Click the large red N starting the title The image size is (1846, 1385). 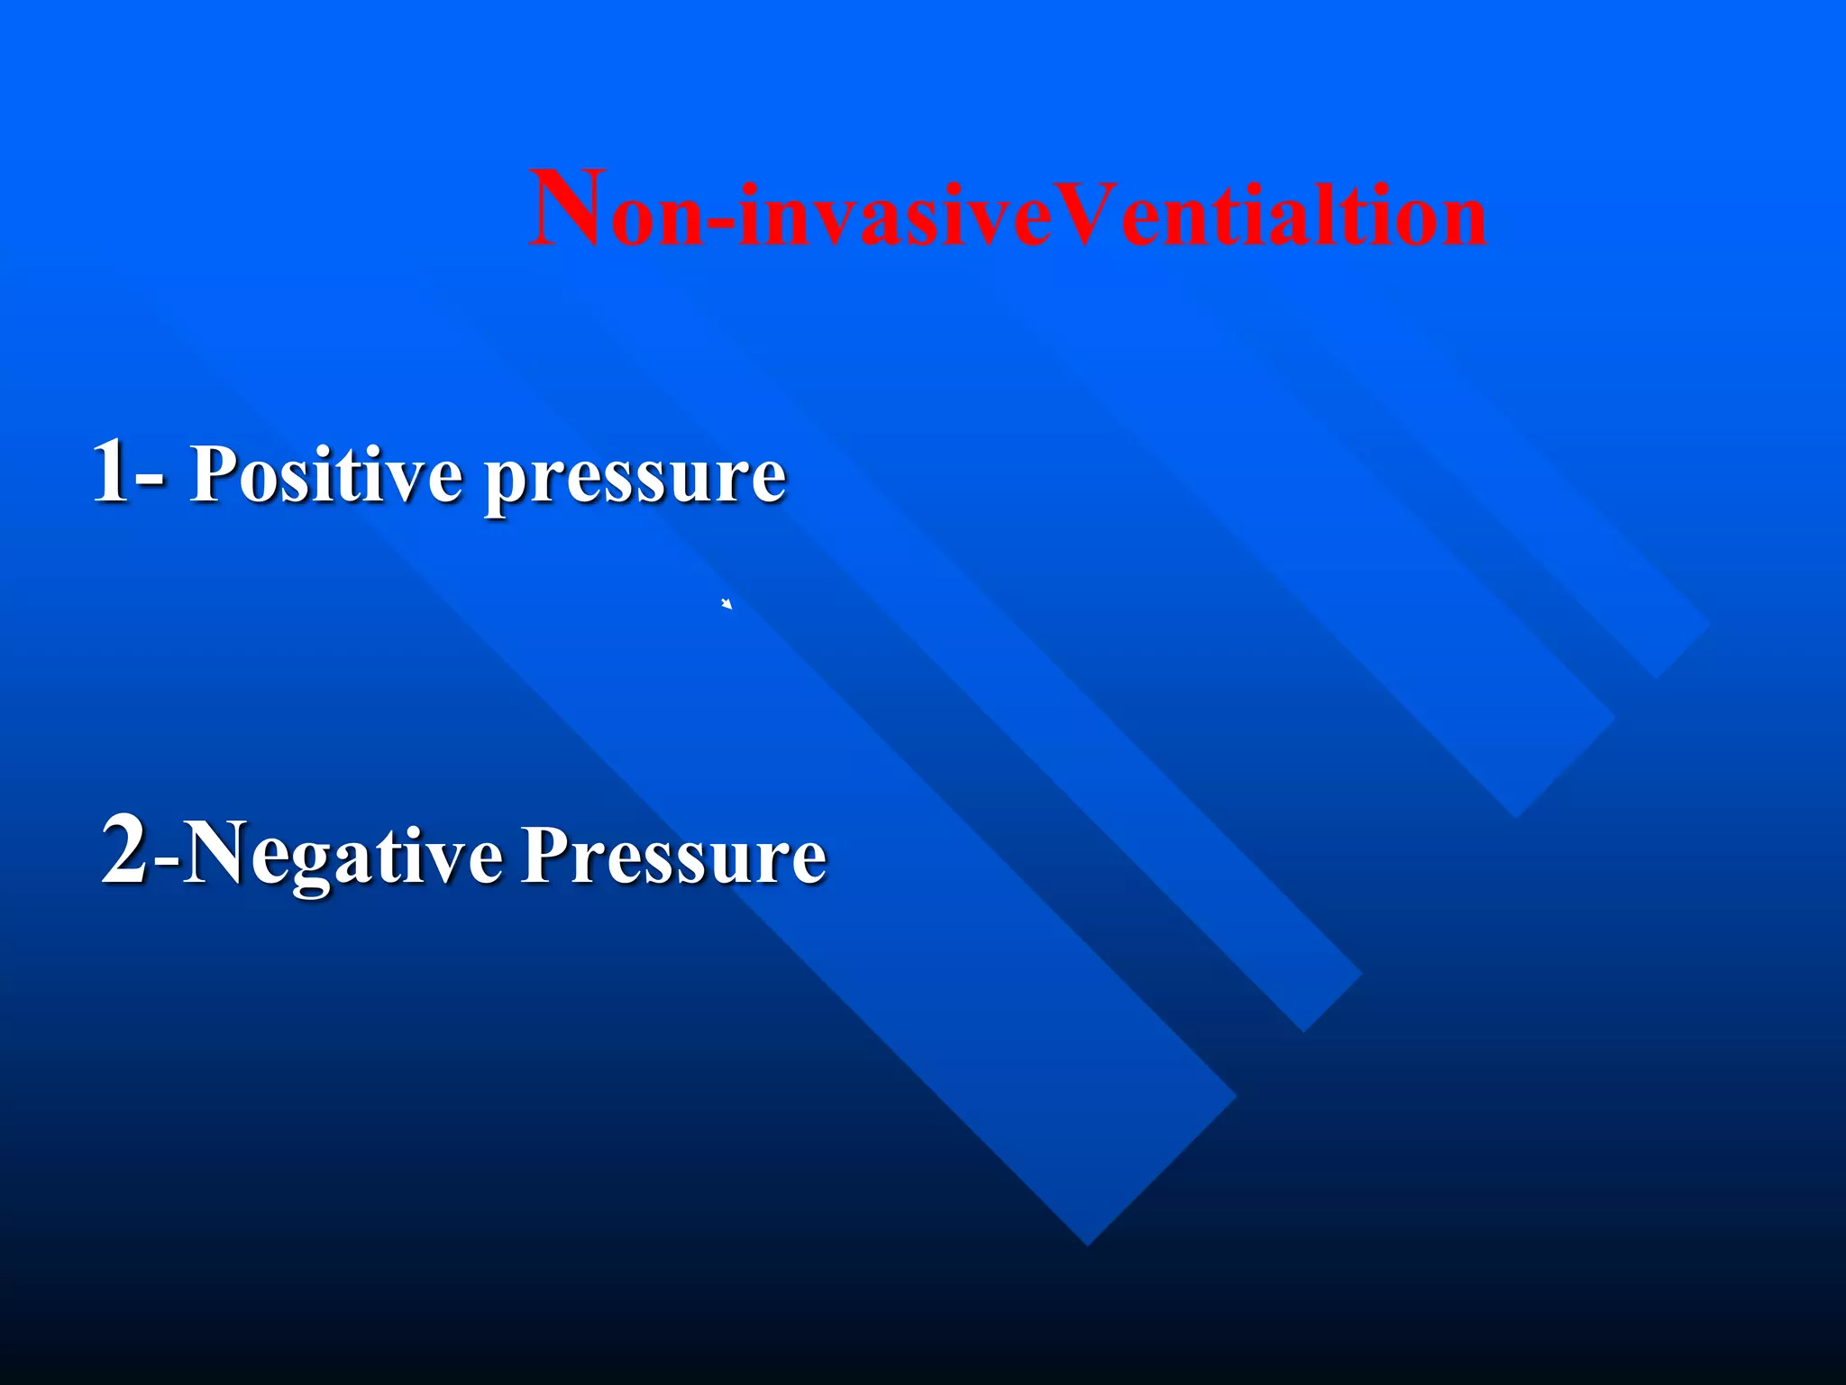565,209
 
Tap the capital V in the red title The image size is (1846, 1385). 1085,215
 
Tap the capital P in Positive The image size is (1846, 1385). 215,472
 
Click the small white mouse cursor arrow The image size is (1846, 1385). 727,604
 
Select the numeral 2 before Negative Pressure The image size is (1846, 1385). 125,850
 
